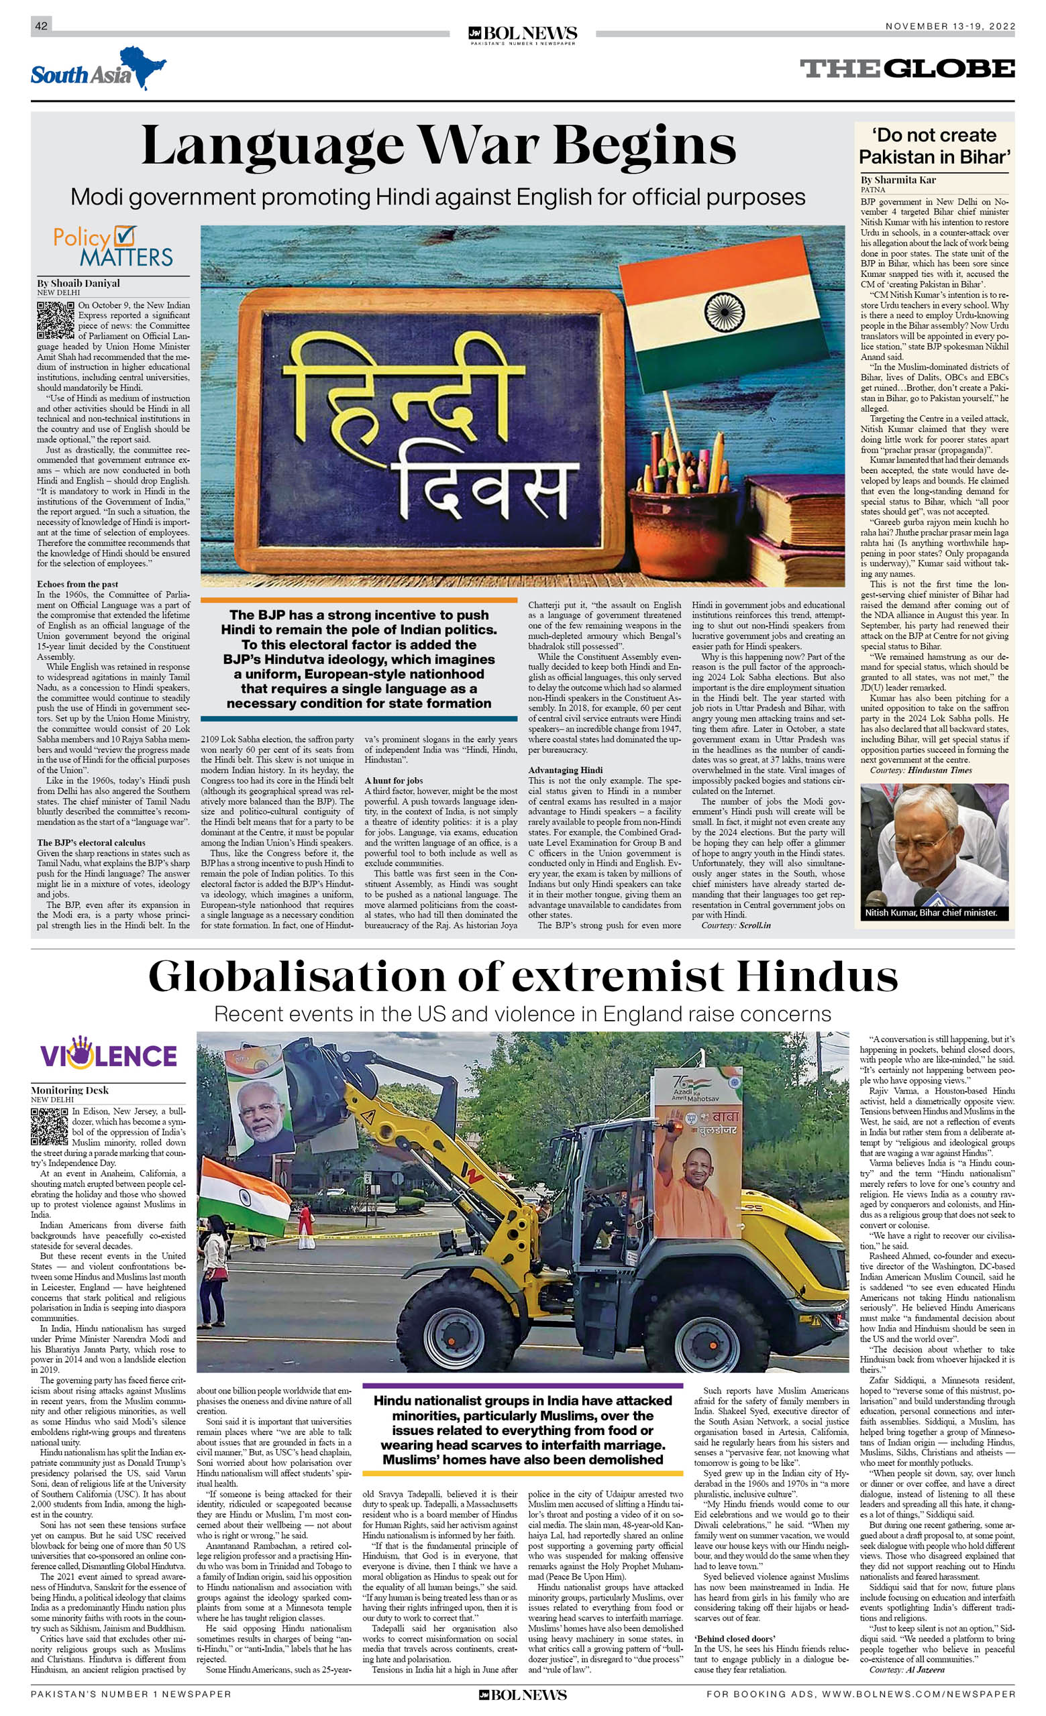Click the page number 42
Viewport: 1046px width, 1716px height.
[x=41, y=25]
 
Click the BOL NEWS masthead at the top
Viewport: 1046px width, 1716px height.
[x=522, y=34]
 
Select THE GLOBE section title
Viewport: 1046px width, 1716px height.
[x=906, y=68]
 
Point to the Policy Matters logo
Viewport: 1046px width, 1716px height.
[x=113, y=247]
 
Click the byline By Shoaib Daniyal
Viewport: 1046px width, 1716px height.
[x=78, y=283]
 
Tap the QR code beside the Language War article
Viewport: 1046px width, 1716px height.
[x=55, y=320]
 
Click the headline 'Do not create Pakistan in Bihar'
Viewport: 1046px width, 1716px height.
[x=934, y=146]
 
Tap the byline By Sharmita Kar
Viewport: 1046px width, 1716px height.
[x=898, y=180]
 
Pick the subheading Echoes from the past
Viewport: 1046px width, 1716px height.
[x=77, y=584]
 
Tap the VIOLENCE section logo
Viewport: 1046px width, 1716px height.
[x=108, y=1053]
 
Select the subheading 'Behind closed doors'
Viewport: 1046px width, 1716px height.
[x=735, y=1639]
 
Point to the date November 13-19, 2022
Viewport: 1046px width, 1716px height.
[x=950, y=25]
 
